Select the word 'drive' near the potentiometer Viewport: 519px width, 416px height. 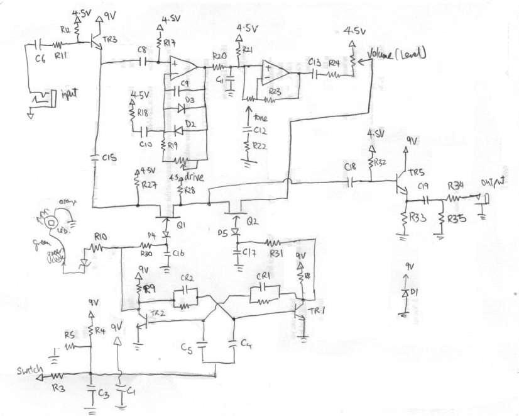point(199,178)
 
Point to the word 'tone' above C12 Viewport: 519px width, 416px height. point(259,117)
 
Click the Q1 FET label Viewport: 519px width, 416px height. point(181,223)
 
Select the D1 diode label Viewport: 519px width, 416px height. point(415,294)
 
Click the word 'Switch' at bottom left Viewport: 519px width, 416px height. point(29,369)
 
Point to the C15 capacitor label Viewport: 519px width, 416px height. point(109,159)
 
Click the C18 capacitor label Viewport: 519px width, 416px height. point(351,167)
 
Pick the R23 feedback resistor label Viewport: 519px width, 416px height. point(273,91)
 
